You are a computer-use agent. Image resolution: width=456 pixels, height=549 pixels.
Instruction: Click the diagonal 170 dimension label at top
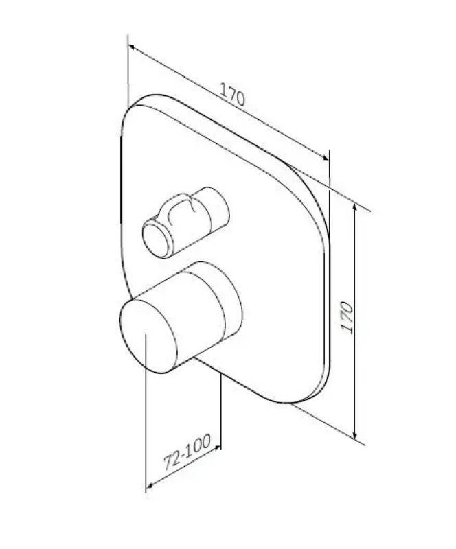click(232, 94)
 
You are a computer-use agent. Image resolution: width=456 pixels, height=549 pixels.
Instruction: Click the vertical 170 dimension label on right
click(347, 318)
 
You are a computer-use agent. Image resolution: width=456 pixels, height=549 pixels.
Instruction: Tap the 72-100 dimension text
click(187, 452)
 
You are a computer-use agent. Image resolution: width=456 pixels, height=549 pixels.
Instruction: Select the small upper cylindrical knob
click(185, 222)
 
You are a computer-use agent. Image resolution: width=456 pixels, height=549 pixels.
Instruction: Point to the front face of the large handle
click(148, 336)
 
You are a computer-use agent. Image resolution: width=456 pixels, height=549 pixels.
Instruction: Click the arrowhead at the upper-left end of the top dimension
click(131, 47)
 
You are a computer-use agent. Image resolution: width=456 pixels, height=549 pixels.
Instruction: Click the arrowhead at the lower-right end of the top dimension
click(326, 158)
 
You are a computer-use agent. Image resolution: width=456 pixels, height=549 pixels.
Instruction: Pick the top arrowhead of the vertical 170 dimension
click(355, 207)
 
